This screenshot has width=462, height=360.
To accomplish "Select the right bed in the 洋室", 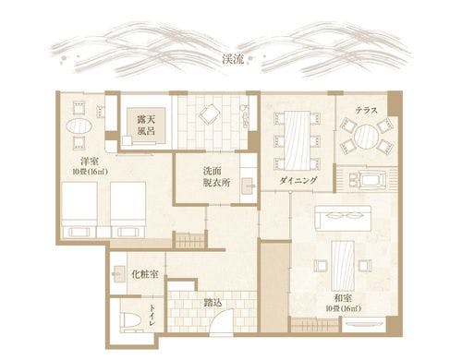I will [128, 208].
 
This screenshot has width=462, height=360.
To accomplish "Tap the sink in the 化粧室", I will [119, 274].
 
